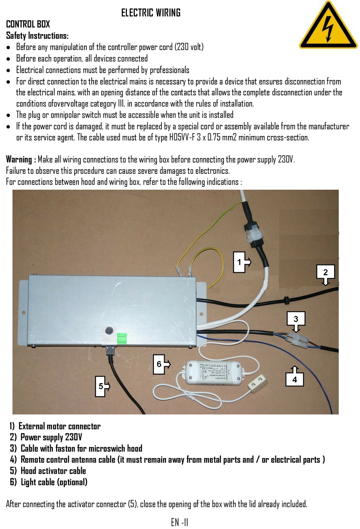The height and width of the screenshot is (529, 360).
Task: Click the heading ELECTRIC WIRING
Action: coord(150,13)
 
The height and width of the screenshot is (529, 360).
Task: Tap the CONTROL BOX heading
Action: coord(28,24)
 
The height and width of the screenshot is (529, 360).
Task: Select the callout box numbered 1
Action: coord(239,262)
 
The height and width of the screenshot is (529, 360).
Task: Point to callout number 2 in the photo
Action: coord(325,272)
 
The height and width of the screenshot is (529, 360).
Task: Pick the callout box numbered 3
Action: coord(296,319)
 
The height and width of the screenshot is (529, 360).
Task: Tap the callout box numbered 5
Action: coord(101,386)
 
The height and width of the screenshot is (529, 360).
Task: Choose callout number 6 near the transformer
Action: coord(159,364)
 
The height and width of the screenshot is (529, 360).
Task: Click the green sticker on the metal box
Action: coord(121,338)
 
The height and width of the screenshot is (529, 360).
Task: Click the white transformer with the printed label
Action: coord(213,372)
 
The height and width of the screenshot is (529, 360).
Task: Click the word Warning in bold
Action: coord(19,159)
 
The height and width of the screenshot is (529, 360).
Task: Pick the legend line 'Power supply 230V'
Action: coord(51,437)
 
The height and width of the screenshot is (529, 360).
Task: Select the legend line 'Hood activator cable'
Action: coord(53,471)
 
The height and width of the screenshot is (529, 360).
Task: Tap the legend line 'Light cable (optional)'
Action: coord(54,482)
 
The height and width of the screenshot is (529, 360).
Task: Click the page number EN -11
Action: coord(180,523)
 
